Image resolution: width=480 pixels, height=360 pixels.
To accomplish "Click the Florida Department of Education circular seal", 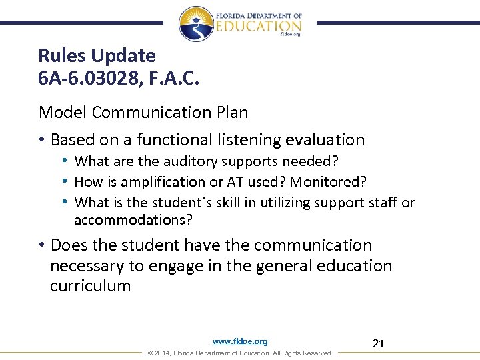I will [197, 24].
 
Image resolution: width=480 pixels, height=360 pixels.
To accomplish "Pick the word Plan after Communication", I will [230, 112].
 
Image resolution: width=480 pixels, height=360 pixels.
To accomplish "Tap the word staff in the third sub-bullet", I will [383, 202].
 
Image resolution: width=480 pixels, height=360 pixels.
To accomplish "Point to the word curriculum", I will [91, 286].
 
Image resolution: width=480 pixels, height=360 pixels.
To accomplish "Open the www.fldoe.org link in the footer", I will [240, 341].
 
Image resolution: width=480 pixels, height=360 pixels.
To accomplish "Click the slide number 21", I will [379, 344].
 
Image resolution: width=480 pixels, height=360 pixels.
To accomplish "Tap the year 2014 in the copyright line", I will [162, 353].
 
